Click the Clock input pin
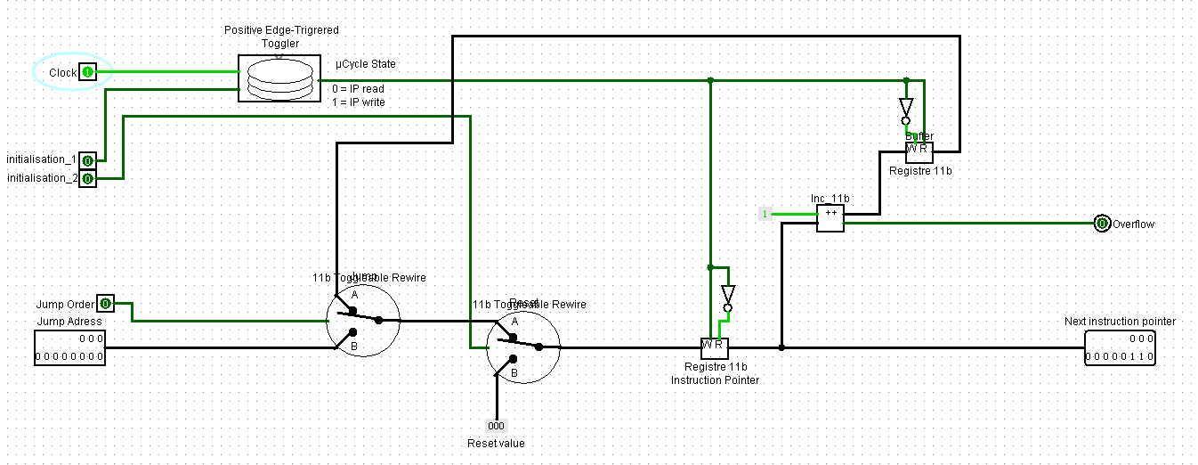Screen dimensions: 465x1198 tap(87, 72)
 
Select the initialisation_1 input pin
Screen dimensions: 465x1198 tap(87, 160)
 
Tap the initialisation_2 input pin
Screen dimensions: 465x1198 tap(87, 179)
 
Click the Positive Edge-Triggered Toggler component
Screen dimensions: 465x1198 tap(279, 77)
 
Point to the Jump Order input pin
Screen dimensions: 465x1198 tap(105, 304)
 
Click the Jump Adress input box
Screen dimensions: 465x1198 tap(69, 347)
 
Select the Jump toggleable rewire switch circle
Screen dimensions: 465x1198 tap(363, 320)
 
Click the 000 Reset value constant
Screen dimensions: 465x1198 tap(496, 426)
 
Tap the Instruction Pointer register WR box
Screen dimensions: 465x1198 tap(714, 346)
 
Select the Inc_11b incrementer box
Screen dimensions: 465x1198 tap(830, 218)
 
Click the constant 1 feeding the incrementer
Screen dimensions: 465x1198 tap(764, 214)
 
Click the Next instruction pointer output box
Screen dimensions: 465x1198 tap(1120, 347)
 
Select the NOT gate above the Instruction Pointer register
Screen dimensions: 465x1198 tap(727, 297)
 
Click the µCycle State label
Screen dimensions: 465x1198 tap(365, 64)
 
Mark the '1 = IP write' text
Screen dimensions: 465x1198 tap(358, 102)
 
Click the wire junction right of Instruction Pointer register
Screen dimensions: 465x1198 tap(781, 347)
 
